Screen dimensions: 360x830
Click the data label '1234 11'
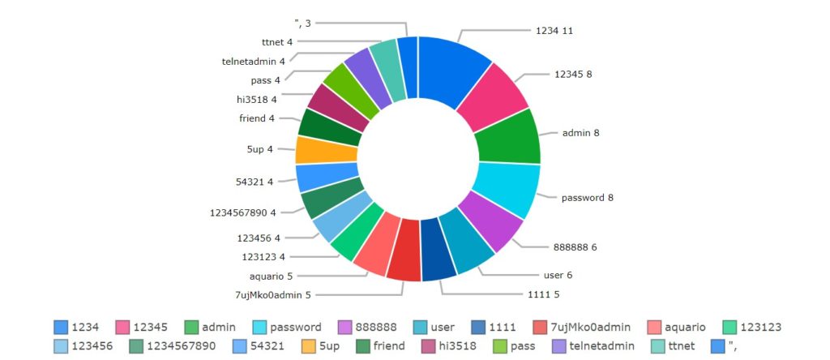(555, 30)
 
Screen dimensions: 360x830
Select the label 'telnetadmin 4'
(253, 61)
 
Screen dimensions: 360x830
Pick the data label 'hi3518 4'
(256, 100)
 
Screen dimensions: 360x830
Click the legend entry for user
(443, 328)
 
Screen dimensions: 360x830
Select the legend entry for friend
(387, 347)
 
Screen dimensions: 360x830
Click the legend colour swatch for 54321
(239, 347)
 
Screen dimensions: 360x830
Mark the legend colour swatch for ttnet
(659, 347)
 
